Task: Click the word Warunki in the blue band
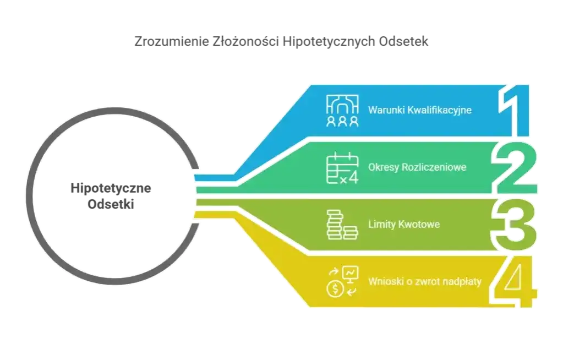point(384,110)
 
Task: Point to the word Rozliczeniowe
point(431,167)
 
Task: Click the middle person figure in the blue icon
point(342,121)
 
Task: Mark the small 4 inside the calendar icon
point(353,178)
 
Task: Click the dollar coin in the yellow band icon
point(334,289)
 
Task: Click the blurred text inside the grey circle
point(113,195)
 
